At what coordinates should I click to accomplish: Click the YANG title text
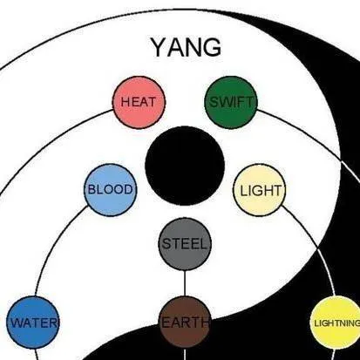click(x=186, y=47)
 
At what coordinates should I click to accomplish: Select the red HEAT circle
click(x=139, y=102)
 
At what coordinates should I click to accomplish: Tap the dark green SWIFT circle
click(x=231, y=102)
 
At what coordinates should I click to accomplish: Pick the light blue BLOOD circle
click(x=110, y=190)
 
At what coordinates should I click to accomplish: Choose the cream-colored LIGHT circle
click(x=260, y=190)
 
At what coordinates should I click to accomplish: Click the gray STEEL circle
click(x=185, y=244)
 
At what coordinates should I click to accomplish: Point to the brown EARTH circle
click(x=185, y=322)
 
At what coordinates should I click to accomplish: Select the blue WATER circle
click(x=33, y=323)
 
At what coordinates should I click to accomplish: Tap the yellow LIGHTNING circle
click(x=336, y=323)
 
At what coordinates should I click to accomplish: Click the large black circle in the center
click(x=185, y=166)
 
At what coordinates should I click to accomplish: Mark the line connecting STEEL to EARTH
click(x=185, y=283)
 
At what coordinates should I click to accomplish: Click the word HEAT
click(x=139, y=102)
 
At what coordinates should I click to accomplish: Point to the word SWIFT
click(x=231, y=102)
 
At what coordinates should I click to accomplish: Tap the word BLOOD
click(x=110, y=190)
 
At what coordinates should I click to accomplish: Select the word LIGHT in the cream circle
click(x=261, y=191)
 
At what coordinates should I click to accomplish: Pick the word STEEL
click(x=185, y=244)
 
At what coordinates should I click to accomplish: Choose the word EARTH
click(x=185, y=323)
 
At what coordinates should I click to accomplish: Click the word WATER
click(x=34, y=323)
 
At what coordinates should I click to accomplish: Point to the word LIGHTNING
click(x=337, y=323)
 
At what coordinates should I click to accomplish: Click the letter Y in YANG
click(x=159, y=47)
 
